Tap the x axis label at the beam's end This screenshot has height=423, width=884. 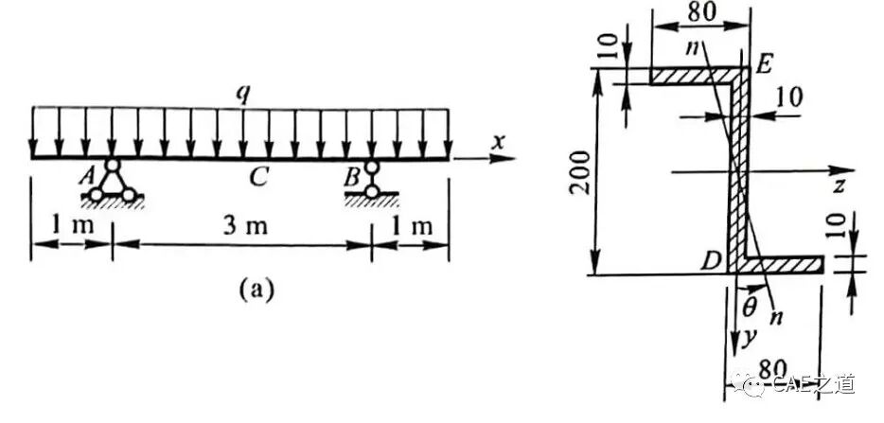497,143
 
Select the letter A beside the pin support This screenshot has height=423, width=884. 88,177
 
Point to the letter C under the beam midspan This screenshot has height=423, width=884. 258,178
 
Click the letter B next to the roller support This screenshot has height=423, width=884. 351,178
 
